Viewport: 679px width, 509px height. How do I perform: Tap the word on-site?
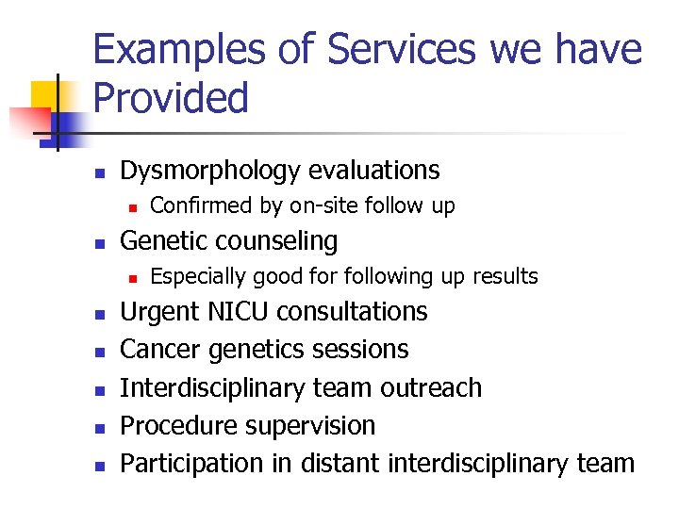322,205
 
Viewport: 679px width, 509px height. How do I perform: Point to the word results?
506,276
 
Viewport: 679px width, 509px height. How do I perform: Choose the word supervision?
310,426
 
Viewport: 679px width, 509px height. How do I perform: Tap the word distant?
344,464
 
